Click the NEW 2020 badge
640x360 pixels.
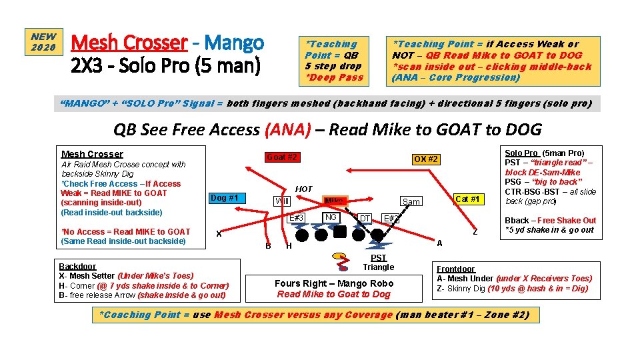[44, 42]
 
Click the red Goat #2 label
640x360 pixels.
[282, 157]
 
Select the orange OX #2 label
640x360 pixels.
[425, 159]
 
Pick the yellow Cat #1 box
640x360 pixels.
[467, 199]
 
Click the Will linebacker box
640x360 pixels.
[283, 201]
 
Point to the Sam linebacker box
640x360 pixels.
[411, 201]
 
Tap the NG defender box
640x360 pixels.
[330, 217]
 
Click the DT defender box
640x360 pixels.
[365, 218]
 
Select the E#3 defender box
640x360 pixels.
[296, 218]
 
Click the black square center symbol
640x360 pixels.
[340, 232]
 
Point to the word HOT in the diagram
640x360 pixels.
[303, 189]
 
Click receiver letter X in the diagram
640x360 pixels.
[219, 233]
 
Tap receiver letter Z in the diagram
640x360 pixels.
[475, 231]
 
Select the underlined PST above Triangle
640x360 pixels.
[378, 258]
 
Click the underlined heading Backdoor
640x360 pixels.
[77, 266]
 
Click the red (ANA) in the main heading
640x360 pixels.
[287, 129]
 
